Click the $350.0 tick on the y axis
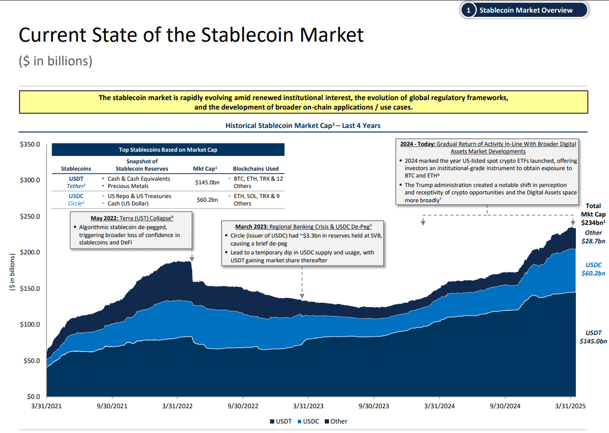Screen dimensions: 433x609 pos(29,144)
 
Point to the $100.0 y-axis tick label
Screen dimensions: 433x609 pos(29,324)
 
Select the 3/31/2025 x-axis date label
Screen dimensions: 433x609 pos(571,406)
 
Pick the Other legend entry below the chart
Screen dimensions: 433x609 pos(336,421)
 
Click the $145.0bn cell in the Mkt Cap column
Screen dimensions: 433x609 pos(207,182)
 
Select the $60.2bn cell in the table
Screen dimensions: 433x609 pos(207,200)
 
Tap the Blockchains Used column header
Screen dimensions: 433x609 pos(256,169)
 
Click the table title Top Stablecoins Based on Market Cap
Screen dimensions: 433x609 pos(168,150)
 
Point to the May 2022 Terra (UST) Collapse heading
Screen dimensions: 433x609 pos(132,218)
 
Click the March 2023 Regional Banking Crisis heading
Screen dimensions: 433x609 pos(302,226)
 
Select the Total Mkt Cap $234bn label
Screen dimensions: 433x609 pos(593,214)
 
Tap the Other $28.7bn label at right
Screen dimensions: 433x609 pos(593,237)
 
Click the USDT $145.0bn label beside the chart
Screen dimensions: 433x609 pos(593,337)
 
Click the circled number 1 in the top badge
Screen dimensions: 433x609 pos(468,10)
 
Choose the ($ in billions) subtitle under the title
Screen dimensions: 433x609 pos(55,61)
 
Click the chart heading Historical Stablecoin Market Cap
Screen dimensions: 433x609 pos(303,126)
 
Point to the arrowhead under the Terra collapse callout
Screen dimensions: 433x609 pos(192,259)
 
